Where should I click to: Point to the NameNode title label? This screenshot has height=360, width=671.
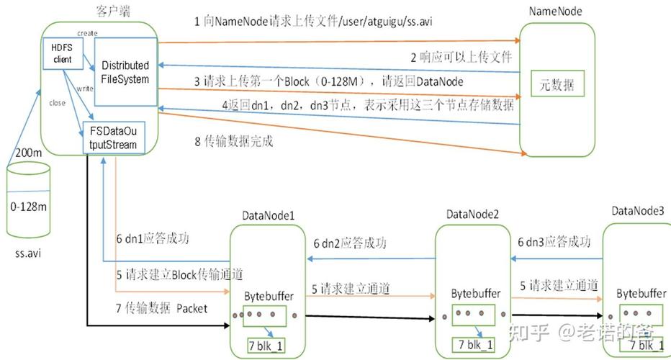(x=555, y=11)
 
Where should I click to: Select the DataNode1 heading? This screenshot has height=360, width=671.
(x=268, y=215)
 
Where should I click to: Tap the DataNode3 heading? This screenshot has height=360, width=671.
(x=638, y=210)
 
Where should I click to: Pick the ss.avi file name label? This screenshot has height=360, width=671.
(x=29, y=254)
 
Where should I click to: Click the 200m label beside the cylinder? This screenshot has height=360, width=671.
(x=29, y=153)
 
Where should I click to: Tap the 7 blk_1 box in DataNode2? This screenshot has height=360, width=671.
(x=472, y=345)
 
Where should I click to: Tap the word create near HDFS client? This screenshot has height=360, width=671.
(x=87, y=34)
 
